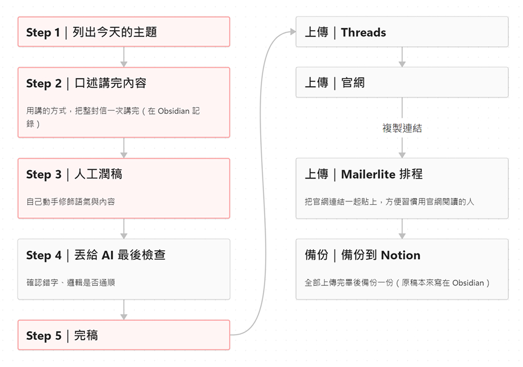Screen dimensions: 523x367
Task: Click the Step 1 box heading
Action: [x=91, y=32]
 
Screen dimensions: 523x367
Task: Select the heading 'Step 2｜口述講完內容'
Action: [x=86, y=83]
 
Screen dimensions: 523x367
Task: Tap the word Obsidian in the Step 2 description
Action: [x=173, y=111]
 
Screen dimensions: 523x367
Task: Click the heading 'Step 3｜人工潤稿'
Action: [x=74, y=174]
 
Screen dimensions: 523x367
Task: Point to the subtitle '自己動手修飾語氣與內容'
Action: [x=71, y=201]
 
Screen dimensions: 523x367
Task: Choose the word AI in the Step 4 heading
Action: [x=108, y=255]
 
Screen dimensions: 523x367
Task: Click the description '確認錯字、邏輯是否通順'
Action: [x=71, y=282]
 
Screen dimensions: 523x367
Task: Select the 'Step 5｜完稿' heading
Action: [x=62, y=335]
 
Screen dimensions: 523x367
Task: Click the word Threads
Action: [x=363, y=32]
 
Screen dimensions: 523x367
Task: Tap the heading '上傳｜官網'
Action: [x=334, y=83]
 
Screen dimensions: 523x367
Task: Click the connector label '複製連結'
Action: [x=402, y=128]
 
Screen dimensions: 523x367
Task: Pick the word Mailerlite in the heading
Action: [x=368, y=174]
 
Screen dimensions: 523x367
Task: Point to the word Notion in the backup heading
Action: [x=400, y=255]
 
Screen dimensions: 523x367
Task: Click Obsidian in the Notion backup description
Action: [x=468, y=282]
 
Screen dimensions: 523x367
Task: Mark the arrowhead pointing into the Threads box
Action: [x=293, y=32]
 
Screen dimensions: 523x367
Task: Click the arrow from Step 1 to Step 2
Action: [x=124, y=57]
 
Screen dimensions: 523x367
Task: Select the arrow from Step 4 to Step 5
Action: [x=124, y=310]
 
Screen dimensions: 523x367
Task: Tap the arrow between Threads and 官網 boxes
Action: [x=402, y=57]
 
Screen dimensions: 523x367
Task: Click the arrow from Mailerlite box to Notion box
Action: [x=402, y=229]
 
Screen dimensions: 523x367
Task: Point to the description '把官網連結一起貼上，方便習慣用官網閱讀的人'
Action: [x=389, y=201]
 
